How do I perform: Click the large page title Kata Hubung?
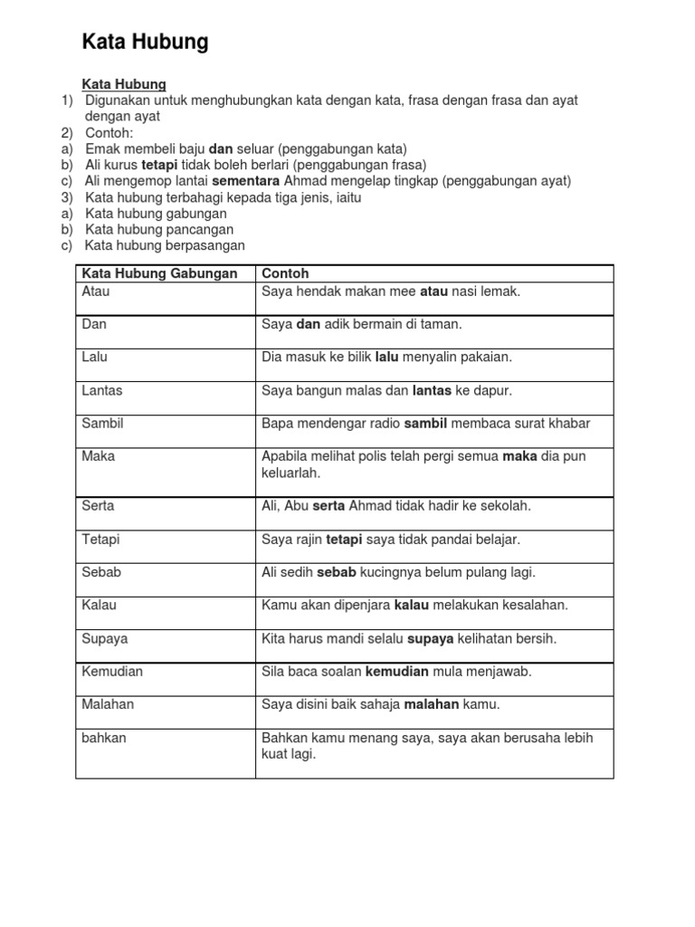(145, 42)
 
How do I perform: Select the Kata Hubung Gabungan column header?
(159, 273)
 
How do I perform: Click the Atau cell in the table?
(95, 291)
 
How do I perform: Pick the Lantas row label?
(102, 390)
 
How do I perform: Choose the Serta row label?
(98, 506)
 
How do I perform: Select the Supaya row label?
(105, 638)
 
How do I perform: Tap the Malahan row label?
(107, 704)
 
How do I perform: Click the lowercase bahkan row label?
(104, 738)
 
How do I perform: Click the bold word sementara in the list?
(246, 181)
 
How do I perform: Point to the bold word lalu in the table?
(386, 358)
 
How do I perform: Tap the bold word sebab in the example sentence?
(337, 572)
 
